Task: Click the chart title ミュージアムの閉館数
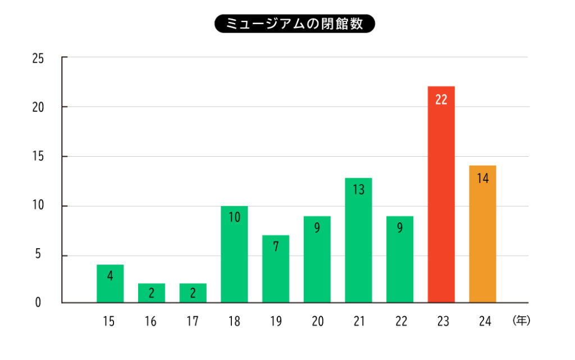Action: [x=294, y=24]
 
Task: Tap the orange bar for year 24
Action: [x=482, y=236]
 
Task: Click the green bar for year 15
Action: [x=110, y=285]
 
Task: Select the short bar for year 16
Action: [x=152, y=293]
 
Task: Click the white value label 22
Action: [x=441, y=100]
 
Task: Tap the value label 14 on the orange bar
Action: [x=482, y=179]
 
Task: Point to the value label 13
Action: [x=358, y=190]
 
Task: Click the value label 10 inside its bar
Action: [x=234, y=217]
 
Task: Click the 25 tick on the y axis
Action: [x=39, y=58]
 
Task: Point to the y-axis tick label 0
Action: [x=39, y=303]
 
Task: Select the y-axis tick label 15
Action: [x=39, y=156]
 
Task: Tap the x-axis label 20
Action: [x=317, y=321]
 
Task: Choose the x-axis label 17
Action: [x=193, y=321]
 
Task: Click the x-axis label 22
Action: [x=400, y=321]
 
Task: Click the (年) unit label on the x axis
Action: [x=521, y=321]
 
